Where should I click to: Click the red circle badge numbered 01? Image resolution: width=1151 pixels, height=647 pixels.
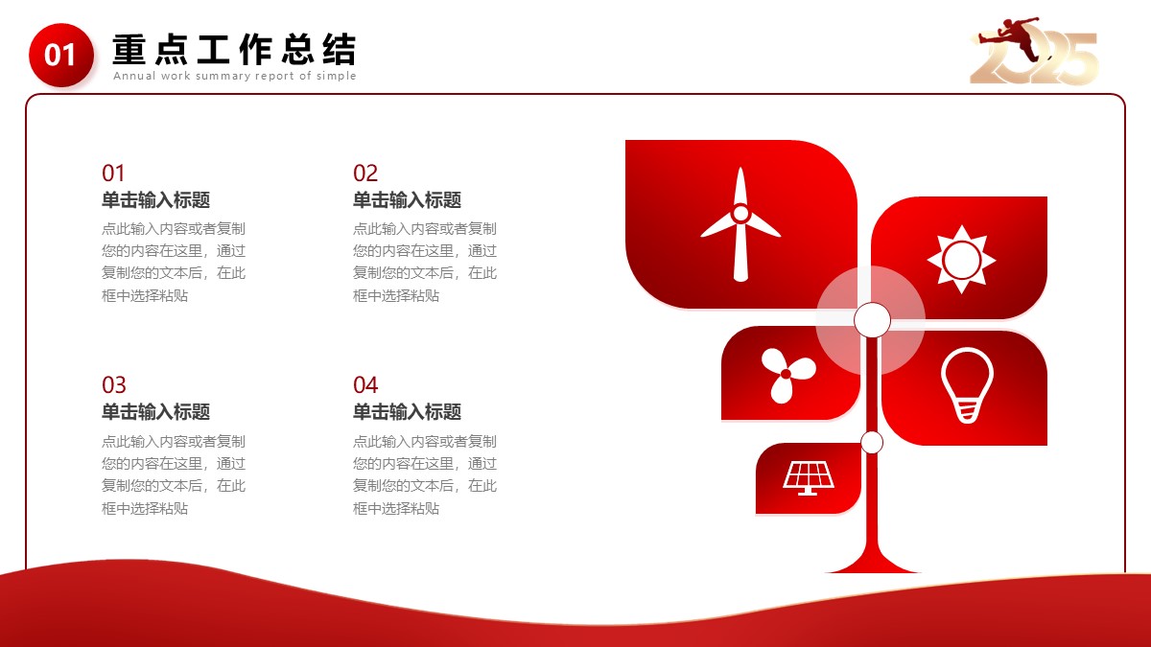tap(61, 55)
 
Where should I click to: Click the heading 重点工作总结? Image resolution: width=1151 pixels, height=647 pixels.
tap(234, 50)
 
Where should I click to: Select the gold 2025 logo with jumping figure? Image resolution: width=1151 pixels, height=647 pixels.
tap(1034, 51)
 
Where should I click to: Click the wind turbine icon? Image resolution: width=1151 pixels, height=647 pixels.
tap(740, 224)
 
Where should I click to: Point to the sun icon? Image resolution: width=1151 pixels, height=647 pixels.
tap(961, 260)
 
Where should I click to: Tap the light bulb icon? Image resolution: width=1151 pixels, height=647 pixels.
tap(967, 385)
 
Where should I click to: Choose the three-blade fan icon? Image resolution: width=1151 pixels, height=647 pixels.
tap(787, 375)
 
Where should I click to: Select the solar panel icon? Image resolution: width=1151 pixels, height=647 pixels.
tap(809, 478)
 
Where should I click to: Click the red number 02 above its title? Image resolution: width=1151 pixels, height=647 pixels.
tap(365, 173)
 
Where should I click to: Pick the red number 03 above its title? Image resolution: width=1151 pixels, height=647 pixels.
tap(114, 384)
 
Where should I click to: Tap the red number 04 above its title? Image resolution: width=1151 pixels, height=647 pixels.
tap(365, 384)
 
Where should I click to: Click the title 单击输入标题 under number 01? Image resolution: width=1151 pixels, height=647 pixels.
tap(155, 199)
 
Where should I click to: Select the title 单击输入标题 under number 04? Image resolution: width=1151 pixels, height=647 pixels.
tap(407, 412)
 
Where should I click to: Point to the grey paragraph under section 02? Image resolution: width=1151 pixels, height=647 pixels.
tap(425, 262)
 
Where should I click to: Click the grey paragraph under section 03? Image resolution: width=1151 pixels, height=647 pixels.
tap(174, 474)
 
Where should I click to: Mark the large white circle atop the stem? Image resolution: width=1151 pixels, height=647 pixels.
tap(872, 320)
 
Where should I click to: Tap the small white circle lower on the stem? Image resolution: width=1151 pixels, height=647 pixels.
tap(872, 443)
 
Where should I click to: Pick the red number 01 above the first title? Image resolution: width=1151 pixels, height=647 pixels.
tap(113, 173)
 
